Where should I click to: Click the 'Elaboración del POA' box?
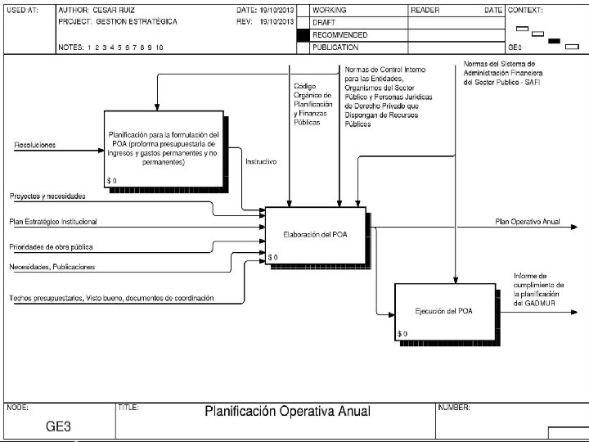[315, 235]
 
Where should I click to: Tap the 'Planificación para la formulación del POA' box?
[164, 147]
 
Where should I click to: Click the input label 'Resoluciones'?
[35, 145]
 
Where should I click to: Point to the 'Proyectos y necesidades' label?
[47, 196]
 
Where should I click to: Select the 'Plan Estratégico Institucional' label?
[53, 221]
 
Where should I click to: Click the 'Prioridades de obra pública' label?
[51, 246]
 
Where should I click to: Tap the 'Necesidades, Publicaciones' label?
[52, 267]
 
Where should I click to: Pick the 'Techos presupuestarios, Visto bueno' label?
[111, 298]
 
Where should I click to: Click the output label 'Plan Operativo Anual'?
[528, 221]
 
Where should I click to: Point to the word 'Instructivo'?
[261, 162]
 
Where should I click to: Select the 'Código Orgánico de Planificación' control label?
[313, 102]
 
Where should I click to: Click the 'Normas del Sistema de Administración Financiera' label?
[499, 72]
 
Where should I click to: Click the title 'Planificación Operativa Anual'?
[287, 411]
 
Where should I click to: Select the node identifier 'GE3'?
[58, 426]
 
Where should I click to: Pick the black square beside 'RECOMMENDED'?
[303, 35]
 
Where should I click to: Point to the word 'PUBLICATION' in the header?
[335, 47]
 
